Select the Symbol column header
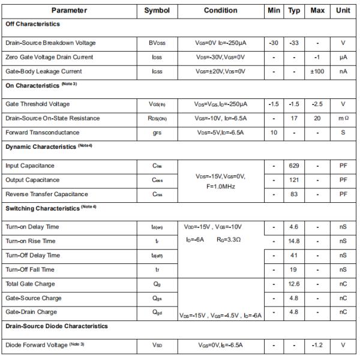tap(157, 10)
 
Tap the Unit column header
tap(343, 10)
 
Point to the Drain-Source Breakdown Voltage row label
tap(50, 43)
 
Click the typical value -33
tap(294, 43)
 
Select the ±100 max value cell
tap(317, 71)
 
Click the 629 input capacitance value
tap(294, 166)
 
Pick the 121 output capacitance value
tap(294, 180)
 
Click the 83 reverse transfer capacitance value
tap(294, 194)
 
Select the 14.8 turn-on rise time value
tap(294, 241)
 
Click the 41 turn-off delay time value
tap(294, 256)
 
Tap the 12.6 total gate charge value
tap(294, 284)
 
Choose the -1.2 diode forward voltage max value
tap(317, 345)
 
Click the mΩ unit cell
tap(343, 118)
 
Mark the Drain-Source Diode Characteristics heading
tap(56, 326)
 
